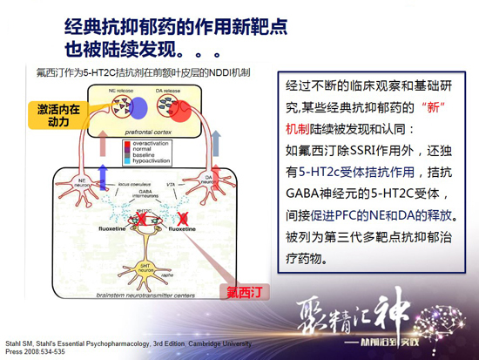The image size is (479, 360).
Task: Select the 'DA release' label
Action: click(x=169, y=90)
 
